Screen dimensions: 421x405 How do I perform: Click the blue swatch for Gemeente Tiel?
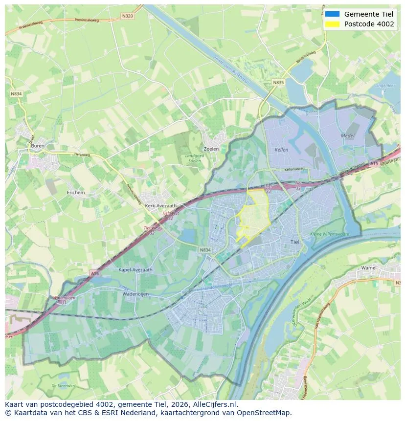332,14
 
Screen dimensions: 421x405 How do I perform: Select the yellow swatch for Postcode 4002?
332,24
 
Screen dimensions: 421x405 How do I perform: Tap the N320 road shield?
127,16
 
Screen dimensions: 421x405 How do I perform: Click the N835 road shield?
278,83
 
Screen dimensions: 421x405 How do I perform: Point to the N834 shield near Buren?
16,93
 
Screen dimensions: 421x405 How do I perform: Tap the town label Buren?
38,146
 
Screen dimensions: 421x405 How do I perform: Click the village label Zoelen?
211,149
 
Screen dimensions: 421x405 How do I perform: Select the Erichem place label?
76,193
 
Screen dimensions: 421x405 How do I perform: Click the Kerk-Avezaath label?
161,206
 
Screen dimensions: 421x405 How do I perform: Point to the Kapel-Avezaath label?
135,269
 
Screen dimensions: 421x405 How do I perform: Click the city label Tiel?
295,242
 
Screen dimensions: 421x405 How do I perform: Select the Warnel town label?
369,268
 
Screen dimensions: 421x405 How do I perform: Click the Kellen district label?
282,150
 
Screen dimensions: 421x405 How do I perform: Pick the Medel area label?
348,135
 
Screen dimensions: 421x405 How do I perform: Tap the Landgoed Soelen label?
195,158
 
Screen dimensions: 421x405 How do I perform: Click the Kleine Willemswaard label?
330,234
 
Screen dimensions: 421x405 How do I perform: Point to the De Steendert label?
63,385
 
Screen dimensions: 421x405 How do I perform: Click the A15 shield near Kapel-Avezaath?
94,274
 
